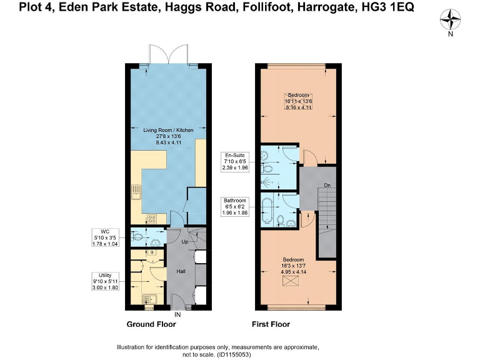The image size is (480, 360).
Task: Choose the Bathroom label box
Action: (235, 206)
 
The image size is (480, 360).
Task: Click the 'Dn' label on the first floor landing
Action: (327, 185)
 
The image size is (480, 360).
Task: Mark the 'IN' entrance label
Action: (178, 314)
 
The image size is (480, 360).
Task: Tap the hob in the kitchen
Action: (151, 219)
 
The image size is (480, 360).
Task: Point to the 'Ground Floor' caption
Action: (151, 324)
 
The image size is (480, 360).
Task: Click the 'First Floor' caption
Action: (271, 324)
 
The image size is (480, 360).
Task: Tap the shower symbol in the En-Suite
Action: (268, 177)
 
